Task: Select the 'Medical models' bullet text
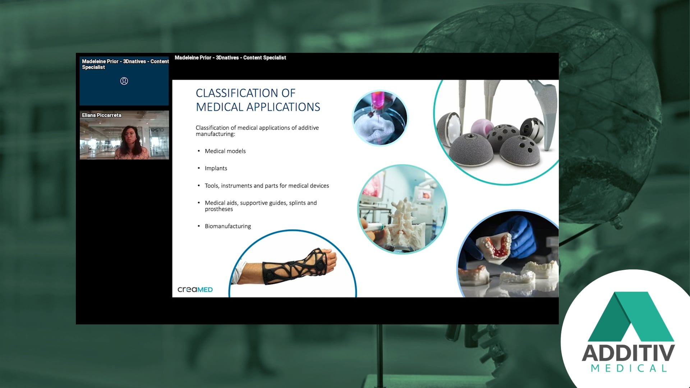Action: [x=225, y=151]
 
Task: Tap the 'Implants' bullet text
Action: [x=216, y=168]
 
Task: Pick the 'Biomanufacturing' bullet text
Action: [x=227, y=226]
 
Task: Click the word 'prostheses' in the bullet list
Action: [x=218, y=209]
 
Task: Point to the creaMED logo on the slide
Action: [x=195, y=290]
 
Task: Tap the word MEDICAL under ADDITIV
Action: [x=629, y=369]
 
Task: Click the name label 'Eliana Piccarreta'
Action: [x=101, y=115]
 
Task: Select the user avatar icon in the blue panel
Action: [x=124, y=81]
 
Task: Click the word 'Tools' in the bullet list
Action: [x=212, y=186]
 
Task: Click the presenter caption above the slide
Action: [x=230, y=58]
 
